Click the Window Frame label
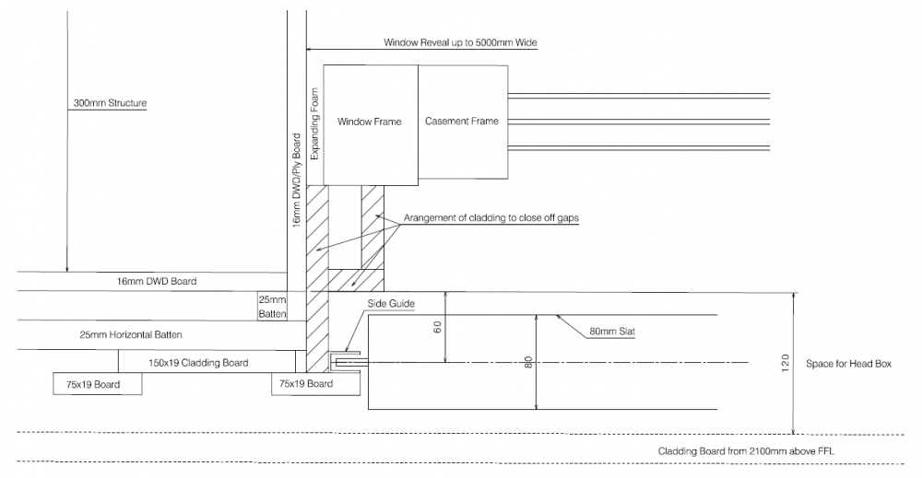370,122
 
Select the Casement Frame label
462,121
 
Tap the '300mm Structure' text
110,103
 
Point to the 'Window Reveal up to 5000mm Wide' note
460,42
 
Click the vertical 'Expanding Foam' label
314,124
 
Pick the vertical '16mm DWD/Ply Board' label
297,181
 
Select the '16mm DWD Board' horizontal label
157,281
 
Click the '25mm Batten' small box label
272,307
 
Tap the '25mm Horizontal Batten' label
131,334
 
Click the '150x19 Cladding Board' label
198,363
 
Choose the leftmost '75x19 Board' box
98,383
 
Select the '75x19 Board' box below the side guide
315,383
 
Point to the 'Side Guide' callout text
391,304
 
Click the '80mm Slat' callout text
612,332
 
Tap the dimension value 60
437,327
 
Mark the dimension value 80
528,362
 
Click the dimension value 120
786,364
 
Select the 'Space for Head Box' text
848,364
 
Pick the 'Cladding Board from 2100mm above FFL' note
746,451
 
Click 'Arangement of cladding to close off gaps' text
491,218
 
